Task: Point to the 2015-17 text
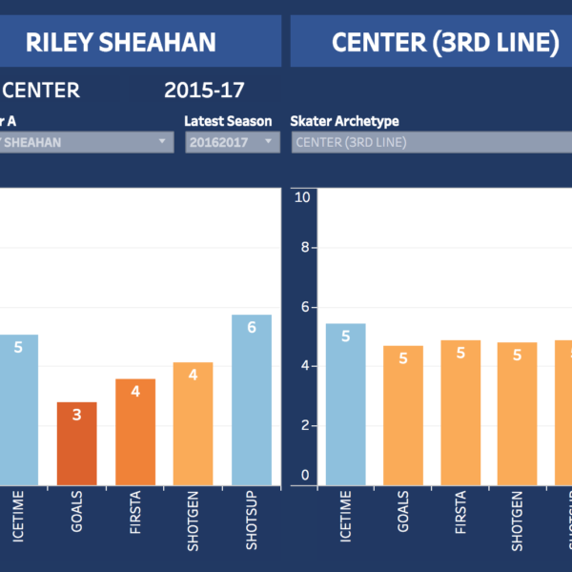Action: click(204, 91)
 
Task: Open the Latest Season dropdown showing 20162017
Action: click(232, 142)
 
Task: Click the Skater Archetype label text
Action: click(344, 121)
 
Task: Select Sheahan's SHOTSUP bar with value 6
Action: click(251, 399)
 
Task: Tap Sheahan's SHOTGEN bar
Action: click(193, 423)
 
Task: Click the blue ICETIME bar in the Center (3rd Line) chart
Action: click(345, 404)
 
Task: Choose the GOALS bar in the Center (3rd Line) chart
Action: click(403, 415)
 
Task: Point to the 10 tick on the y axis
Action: click(303, 197)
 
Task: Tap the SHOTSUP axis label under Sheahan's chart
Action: click(252, 520)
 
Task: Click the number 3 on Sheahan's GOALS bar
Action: click(77, 415)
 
